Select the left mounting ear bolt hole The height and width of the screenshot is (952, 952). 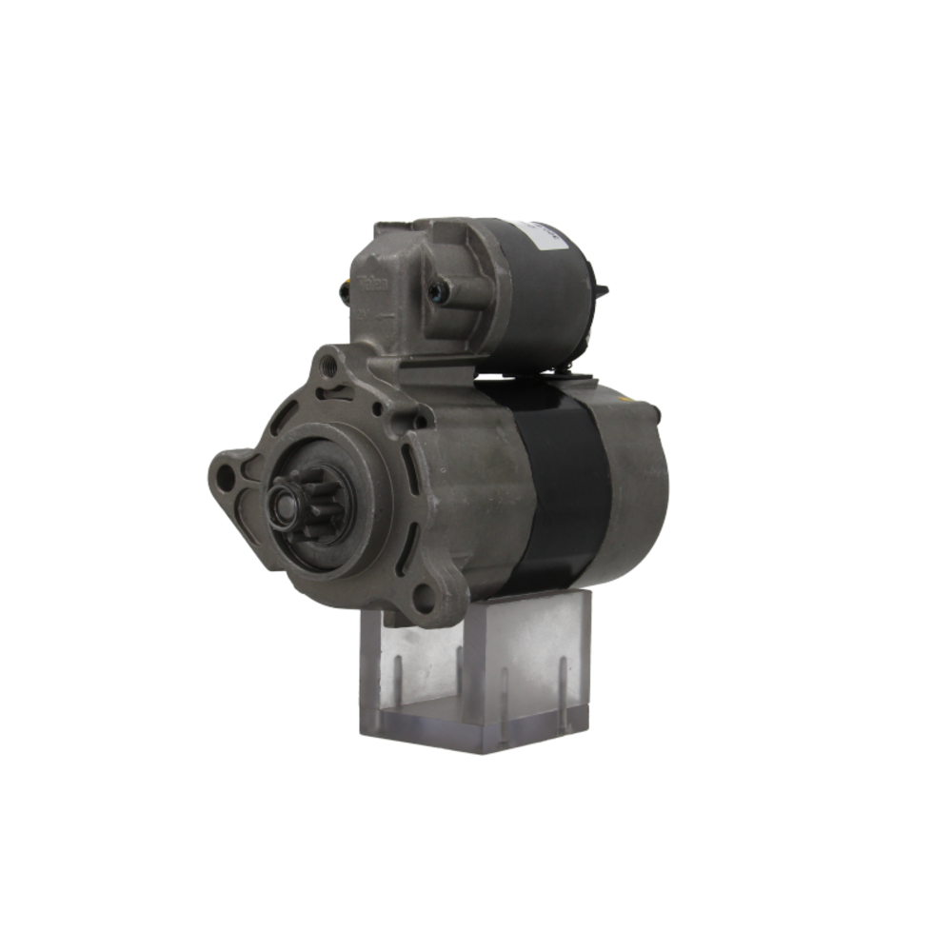(x=226, y=479)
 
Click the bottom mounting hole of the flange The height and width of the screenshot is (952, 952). (x=424, y=597)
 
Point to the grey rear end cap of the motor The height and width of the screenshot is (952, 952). (x=633, y=486)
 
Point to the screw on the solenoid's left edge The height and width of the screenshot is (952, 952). (x=345, y=294)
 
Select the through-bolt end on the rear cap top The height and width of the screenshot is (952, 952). (x=652, y=411)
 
